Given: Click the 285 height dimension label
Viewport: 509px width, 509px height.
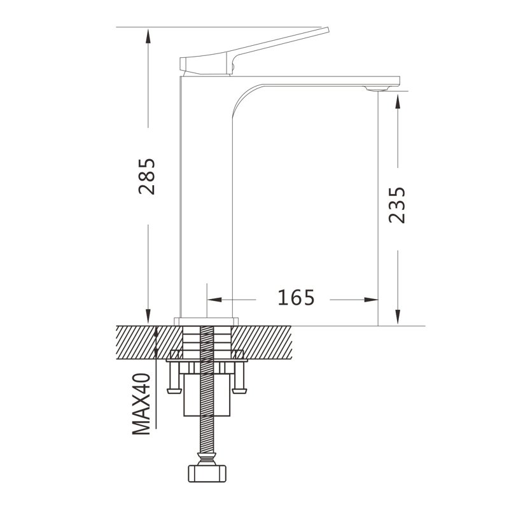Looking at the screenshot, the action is [x=147, y=176].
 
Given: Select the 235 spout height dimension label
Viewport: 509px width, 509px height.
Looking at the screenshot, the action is [x=397, y=205].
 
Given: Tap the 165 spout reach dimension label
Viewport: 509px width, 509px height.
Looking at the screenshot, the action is [x=296, y=297].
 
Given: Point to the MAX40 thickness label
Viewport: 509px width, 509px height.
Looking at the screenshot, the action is [x=141, y=404].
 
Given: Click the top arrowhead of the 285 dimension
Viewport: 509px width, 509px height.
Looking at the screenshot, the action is [x=148, y=36].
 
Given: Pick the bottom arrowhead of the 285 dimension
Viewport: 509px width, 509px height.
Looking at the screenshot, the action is [x=148, y=316].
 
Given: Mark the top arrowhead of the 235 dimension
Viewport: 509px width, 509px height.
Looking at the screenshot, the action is [x=398, y=101].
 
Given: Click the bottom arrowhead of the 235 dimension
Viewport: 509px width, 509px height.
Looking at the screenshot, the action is [x=398, y=317].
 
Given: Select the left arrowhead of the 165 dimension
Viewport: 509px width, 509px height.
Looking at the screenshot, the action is [x=214, y=299].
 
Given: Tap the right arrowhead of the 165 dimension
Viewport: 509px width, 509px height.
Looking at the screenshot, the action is [x=371, y=299].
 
